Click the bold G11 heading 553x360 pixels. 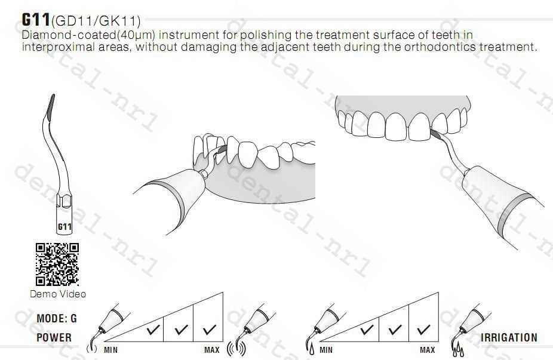click(x=36, y=19)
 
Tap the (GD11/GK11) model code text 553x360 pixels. click(x=96, y=21)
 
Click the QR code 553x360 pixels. click(x=57, y=264)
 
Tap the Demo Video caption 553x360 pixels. click(x=58, y=294)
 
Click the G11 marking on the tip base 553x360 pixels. click(x=64, y=226)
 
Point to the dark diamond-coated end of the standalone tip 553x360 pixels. click(x=50, y=105)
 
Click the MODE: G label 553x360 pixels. click(x=56, y=318)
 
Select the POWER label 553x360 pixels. click(x=54, y=337)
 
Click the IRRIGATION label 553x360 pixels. click(x=509, y=337)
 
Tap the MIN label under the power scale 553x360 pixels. click(x=110, y=350)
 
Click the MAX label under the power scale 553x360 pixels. click(x=212, y=350)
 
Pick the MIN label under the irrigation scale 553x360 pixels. click(x=326, y=350)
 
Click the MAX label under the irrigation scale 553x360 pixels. click(x=428, y=350)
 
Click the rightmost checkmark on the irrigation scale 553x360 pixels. click(x=423, y=330)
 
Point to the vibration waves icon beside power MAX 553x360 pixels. click(x=236, y=349)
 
